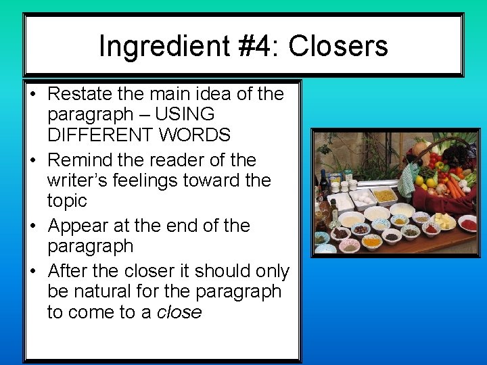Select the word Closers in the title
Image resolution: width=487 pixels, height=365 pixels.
[x=346, y=47]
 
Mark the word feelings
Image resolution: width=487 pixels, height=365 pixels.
[x=160, y=180]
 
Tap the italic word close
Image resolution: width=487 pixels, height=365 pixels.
[x=179, y=312]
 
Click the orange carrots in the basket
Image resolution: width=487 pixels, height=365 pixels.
[x=455, y=184]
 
